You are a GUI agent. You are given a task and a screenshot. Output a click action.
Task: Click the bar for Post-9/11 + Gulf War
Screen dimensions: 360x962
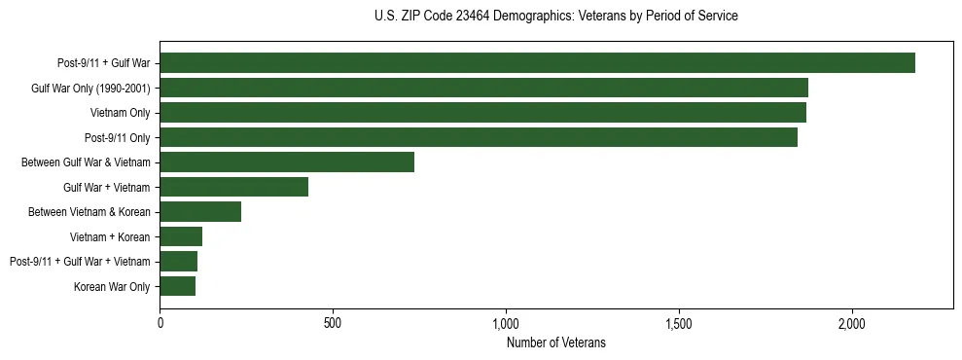(x=537, y=63)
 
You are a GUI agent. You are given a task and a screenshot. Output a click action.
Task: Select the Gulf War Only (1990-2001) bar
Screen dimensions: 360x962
(x=483, y=88)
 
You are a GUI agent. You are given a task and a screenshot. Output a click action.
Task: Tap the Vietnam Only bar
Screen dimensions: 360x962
(x=482, y=113)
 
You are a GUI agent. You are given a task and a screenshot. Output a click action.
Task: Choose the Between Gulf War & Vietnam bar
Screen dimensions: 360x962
(x=287, y=162)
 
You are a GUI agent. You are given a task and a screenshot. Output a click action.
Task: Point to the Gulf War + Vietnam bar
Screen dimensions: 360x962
(x=233, y=187)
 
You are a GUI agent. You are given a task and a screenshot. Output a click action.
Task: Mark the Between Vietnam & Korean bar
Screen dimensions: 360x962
(x=200, y=212)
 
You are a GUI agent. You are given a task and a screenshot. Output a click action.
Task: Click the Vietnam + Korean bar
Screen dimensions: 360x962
(x=181, y=236)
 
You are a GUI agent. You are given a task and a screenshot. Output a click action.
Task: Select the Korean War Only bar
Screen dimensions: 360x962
(x=177, y=286)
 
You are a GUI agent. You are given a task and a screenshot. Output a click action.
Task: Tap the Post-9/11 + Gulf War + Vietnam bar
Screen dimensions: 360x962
(x=178, y=262)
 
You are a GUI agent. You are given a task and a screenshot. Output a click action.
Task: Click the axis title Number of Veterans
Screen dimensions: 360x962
(x=556, y=342)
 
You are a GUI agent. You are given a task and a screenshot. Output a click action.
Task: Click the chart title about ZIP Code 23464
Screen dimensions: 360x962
(x=556, y=17)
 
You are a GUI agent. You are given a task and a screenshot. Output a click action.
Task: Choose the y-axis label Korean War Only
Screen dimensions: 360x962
(x=112, y=287)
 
